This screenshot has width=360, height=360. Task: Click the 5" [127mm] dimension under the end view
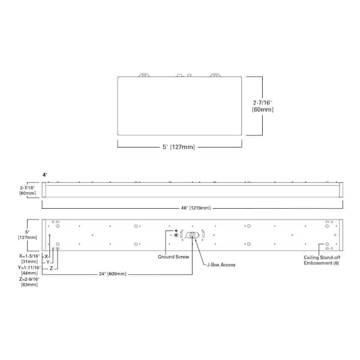tap(179, 146)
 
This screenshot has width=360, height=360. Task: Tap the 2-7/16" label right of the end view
tap(263, 103)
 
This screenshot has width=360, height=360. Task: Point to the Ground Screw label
tap(173, 257)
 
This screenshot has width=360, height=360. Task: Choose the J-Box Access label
tap(221, 264)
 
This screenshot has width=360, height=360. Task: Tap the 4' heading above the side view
tap(44, 175)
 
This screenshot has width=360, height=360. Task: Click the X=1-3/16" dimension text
tap(29, 255)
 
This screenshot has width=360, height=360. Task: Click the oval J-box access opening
tap(192, 235)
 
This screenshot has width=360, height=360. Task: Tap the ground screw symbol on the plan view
tap(175, 235)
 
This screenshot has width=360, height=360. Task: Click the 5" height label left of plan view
tap(28, 231)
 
